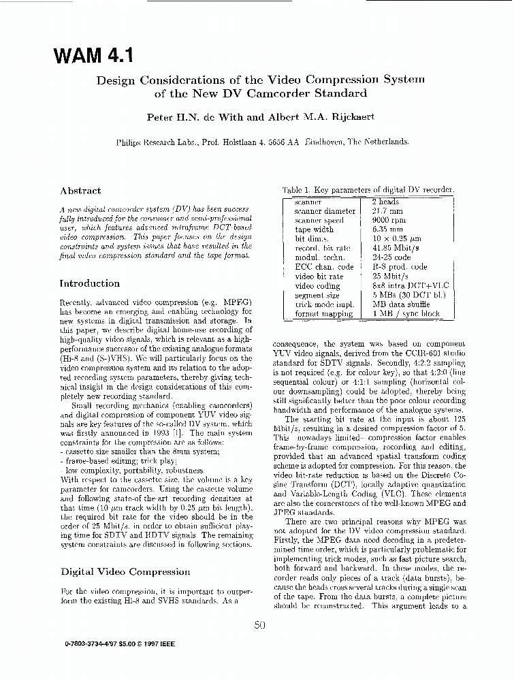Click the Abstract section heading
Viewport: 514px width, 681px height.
pyautogui.click(x=80, y=191)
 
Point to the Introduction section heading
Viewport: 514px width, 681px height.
pyautogui.click(x=90, y=283)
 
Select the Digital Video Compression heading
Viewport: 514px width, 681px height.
pyautogui.click(x=125, y=571)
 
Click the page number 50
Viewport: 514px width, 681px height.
pyautogui.click(x=259, y=625)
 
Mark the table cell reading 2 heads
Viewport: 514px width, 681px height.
pyautogui.click(x=385, y=202)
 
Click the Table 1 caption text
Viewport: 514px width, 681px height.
pyautogui.click(x=368, y=190)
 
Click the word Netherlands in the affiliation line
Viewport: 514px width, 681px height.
pyautogui.click(x=385, y=142)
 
